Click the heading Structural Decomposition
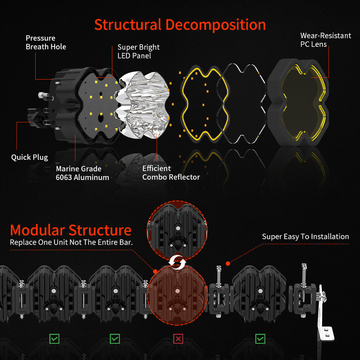180,25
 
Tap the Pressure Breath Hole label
46,42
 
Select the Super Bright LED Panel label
138,51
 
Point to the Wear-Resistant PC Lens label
325,40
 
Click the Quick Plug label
30,157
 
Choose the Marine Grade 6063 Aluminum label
82,173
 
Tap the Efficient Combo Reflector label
171,173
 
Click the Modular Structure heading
71,230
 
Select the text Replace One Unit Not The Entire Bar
71,242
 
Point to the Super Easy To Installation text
305,237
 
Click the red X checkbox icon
178,339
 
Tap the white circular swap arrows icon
177,262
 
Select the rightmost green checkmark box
260,339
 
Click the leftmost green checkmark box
54,339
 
